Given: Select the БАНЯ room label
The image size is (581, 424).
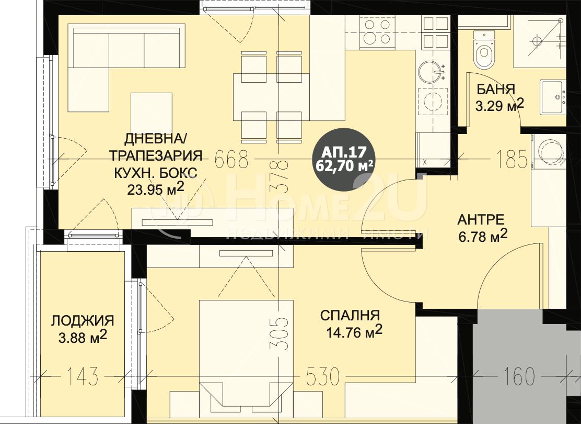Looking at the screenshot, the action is (495, 90).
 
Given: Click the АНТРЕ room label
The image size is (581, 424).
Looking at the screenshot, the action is (481, 220).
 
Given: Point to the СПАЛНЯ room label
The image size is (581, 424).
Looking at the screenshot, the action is (350, 316).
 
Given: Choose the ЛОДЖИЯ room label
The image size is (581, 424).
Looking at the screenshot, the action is (83, 320).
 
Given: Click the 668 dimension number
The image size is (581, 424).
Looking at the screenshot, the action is (231, 160).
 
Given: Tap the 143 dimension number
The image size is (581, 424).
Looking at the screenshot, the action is (83, 376).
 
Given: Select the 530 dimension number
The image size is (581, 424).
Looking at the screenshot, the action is (322, 376).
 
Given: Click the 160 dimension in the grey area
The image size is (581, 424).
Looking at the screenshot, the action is (519, 376).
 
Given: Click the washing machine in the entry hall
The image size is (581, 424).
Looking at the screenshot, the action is (549, 150).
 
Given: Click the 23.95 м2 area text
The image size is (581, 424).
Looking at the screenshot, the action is (155, 188).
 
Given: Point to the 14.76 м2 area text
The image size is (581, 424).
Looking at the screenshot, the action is (354, 331).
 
